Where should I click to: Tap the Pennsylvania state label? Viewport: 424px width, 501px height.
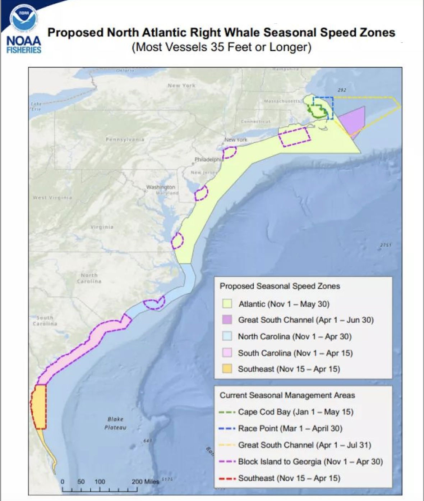click(x=125, y=139)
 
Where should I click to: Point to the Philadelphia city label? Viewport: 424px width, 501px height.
click(x=209, y=159)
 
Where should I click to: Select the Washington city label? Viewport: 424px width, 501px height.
click(x=161, y=187)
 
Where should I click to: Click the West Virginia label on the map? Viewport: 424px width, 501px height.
click(x=52, y=198)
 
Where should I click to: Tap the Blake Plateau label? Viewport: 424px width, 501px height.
click(x=115, y=423)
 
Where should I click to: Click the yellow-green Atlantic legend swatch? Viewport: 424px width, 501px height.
click(x=227, y=304)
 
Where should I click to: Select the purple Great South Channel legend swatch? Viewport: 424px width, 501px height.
click(x=227, y=320)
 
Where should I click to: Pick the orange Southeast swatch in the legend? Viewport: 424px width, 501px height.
click(x=227, y=369)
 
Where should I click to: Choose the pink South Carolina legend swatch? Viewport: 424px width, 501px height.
click(x=227, y=353)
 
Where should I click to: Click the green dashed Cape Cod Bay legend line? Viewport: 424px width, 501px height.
click(x=227, y=412)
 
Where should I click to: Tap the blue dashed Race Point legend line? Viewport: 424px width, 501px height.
click(x=227, y=428)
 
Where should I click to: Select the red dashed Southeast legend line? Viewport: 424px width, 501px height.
click(x=227, y=478)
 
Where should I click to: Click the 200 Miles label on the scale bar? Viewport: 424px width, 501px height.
click(x=145, y=482)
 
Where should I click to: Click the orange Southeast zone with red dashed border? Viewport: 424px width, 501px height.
click(x=39, y=406)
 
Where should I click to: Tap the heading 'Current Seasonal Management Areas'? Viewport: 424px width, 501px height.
click(x=287, y=395)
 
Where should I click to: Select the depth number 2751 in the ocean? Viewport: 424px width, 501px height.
click(x=386, y=245)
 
